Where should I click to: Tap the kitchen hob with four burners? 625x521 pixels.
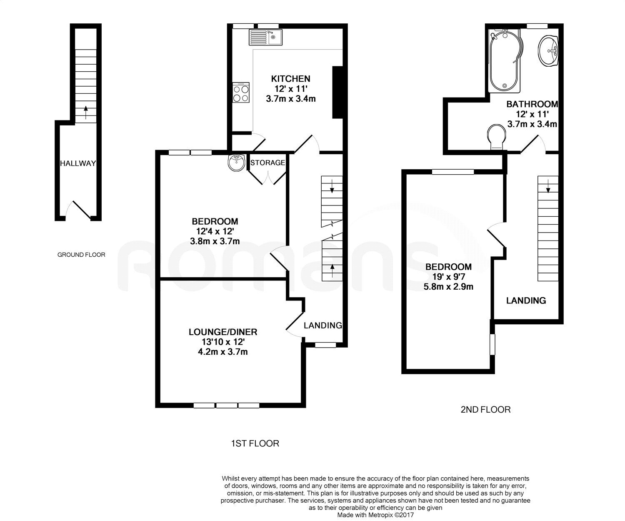[x=241, y=93]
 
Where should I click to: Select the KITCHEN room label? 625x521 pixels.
[x=290, y=79]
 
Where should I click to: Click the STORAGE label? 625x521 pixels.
[x=267, y=163]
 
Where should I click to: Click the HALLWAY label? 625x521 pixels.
[x=78, y=163]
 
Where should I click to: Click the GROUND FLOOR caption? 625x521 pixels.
[x=81, y=255]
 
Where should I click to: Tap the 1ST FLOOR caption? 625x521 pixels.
[x=255, y=443]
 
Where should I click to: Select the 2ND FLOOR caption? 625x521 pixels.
[x=485, y=410]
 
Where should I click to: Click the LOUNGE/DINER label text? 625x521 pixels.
[x=223, y=332]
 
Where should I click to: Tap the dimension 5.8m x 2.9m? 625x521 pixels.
[x=448, y=287]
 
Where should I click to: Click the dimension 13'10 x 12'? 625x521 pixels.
[x=223, y=342]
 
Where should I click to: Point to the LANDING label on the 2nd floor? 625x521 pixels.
[x=526, y=301]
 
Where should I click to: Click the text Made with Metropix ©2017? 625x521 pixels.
[x=375, y=516]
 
